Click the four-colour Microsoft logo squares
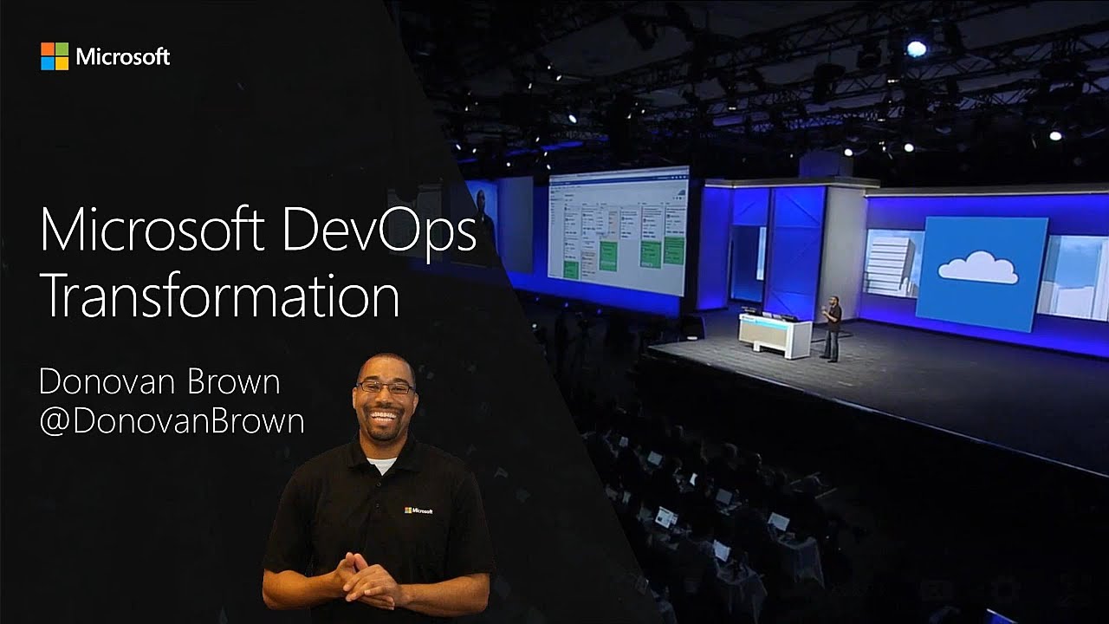[x=55, y=56]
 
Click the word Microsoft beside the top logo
[x=122, y=57]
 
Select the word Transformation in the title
[x=219, y=296]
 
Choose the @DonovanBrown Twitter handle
[x=172, y=421]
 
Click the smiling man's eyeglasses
[x=386, y=388]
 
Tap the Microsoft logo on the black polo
[x=418, y=510]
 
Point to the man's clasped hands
[x=369, y=577]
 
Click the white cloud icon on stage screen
[x=978, y=267]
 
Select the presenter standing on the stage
[x=832, y=328]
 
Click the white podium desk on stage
[x=774, y=335]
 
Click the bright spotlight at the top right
[x=916, y=49]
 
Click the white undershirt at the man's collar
[x=381, y=465]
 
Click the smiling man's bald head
[x=385, y=364]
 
